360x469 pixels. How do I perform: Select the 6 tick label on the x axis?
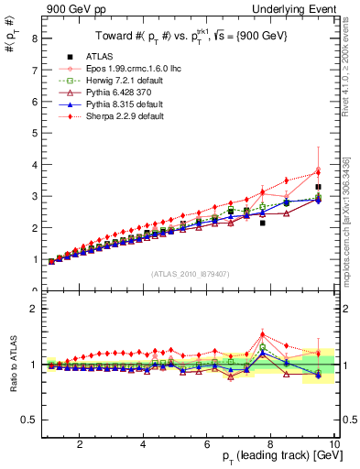[x=207, y=444]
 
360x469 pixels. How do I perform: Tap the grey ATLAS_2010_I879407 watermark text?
[x=189, y=274]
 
